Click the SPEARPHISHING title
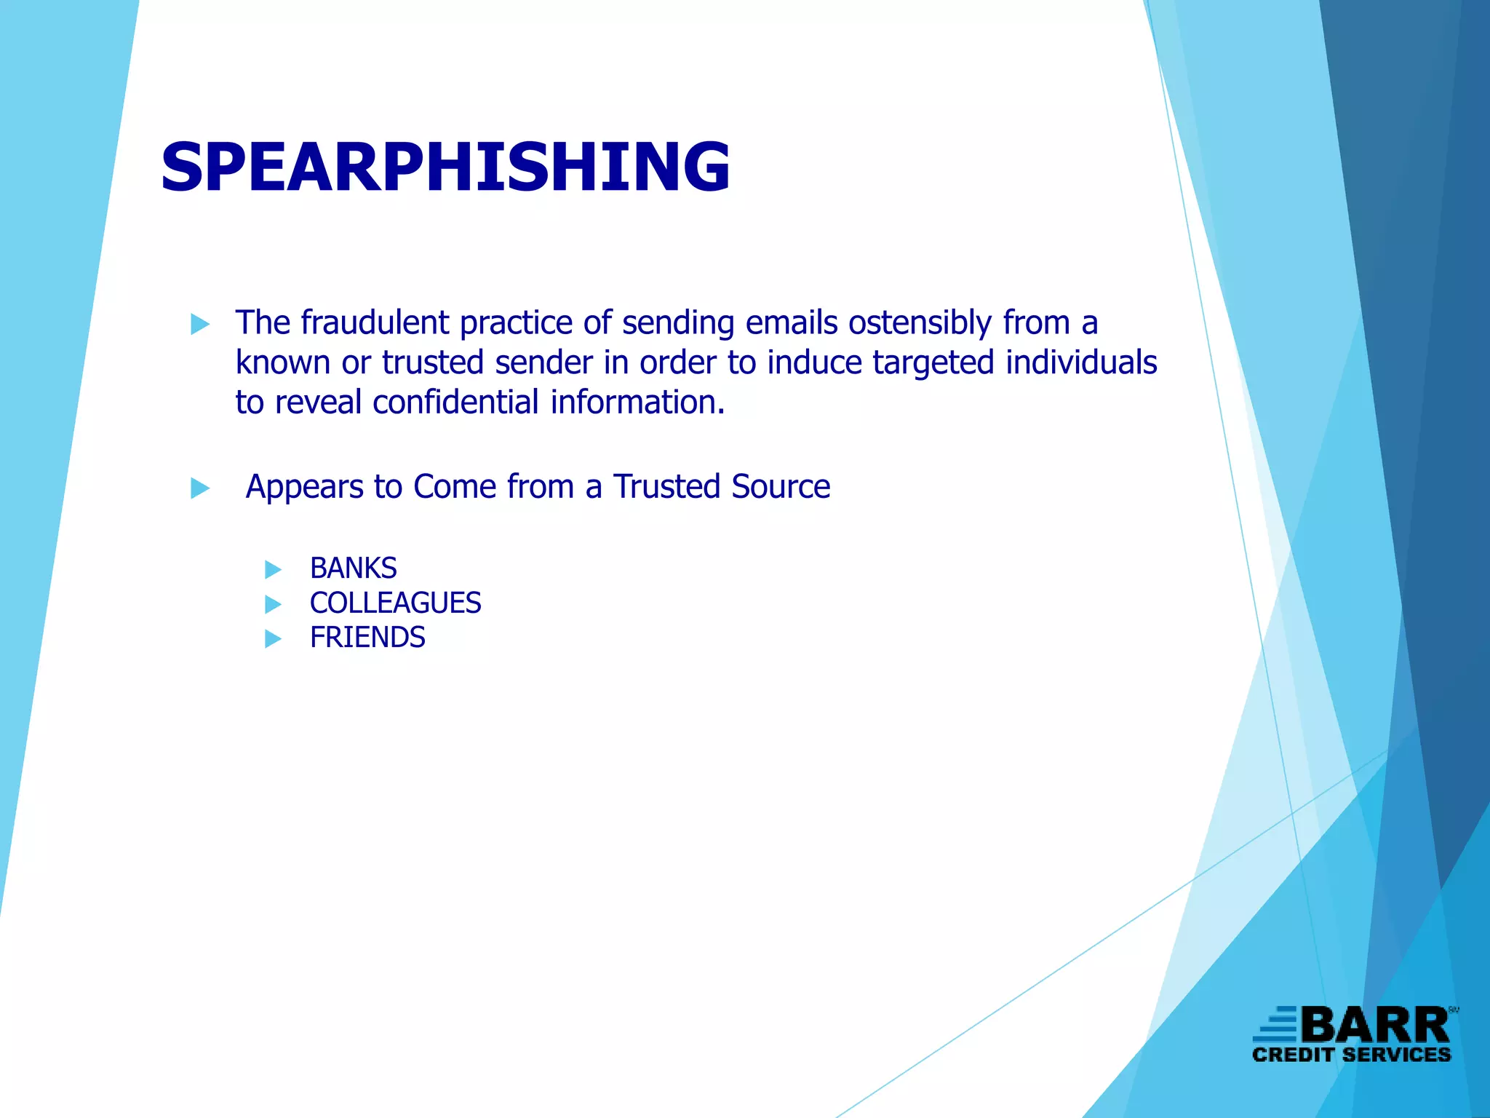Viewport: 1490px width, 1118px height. pyautogui.click(x=445, y=167)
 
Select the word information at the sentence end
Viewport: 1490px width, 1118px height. pyautogui.click(x=637, y=403)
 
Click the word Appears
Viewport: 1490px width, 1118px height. pyautogui.click(x=304, y=487)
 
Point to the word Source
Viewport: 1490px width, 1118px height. pyautogui.click(x=781, y=487)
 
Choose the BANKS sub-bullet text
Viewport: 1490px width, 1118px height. pyautogui.click(x=354, y=568)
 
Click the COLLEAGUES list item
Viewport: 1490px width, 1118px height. pyautogui.click(x=395, y=603)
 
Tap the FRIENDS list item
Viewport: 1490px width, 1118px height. pyautogui.click(x=367, y=638)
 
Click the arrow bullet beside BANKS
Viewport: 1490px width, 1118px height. pyautogui.click(x=273, y=569)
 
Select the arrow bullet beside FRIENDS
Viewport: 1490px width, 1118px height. pyautogui.click(x=273, y=638)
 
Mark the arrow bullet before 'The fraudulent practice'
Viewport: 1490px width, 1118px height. pyautogui.click(x=200, y=324)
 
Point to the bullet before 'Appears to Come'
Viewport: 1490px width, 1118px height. pyautogui.click(x=200, y=488)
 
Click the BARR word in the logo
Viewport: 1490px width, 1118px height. pyautogui.click(x=1375, y=1026)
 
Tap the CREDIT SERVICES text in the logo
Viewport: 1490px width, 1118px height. pyautogui.click(x=1351, y=1055)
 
